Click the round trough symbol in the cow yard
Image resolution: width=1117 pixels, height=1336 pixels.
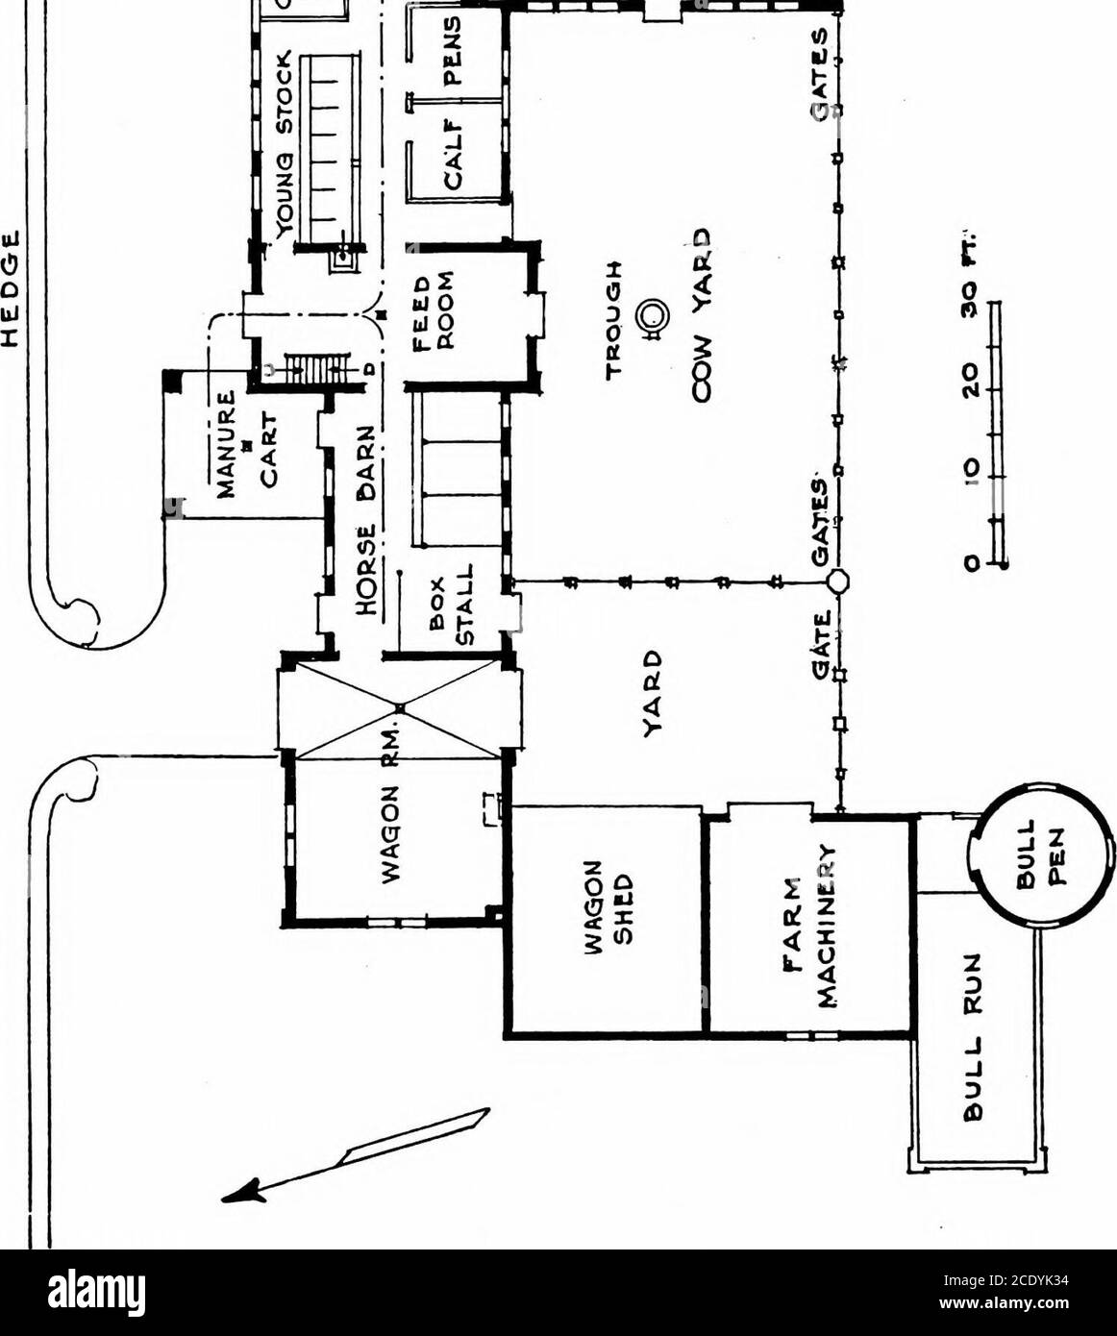[x=654, y=316]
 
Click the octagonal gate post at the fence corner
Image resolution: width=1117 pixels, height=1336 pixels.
[x=837, y=581]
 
